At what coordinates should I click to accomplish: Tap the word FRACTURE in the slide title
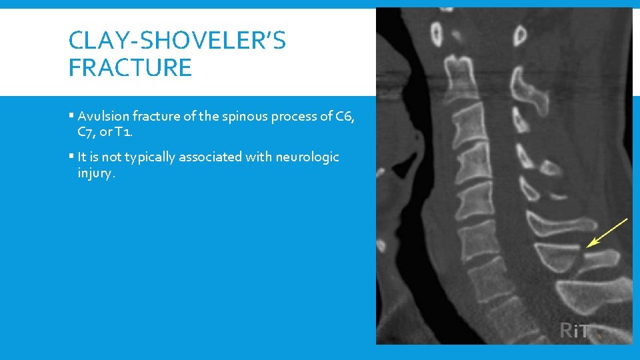tap(130, 67)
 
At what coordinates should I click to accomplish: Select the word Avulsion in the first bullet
tap(100, 116)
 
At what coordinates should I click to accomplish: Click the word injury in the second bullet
tap(95, 173)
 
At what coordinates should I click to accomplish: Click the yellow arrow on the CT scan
tap(607, 233)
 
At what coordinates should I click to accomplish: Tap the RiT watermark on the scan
tap(575, 330)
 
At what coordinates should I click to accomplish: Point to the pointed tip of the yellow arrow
tap(587, 247)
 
